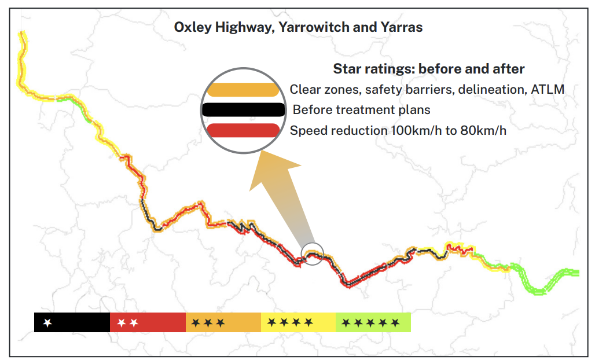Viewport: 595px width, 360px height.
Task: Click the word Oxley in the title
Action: click(x=193, y=27)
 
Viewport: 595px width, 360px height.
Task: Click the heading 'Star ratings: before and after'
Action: click(x=428, y=69)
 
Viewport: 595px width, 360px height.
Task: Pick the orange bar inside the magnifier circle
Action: click(x=243, y=90)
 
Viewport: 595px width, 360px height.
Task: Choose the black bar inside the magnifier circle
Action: click(x=243, y=109)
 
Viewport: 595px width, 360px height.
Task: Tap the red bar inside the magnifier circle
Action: click(x=243, y=130)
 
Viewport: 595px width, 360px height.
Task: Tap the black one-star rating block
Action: click(x=72, y=322)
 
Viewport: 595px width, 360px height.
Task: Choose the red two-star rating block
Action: click(x=148, y=322)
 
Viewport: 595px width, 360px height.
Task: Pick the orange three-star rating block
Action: click(x=223, y=322)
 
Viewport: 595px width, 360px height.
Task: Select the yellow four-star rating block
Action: click(x=298, y=322)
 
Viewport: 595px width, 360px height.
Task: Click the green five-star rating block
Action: click(x=373, y=322)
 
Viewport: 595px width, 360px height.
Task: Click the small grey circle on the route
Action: click(x=313, y=254)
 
